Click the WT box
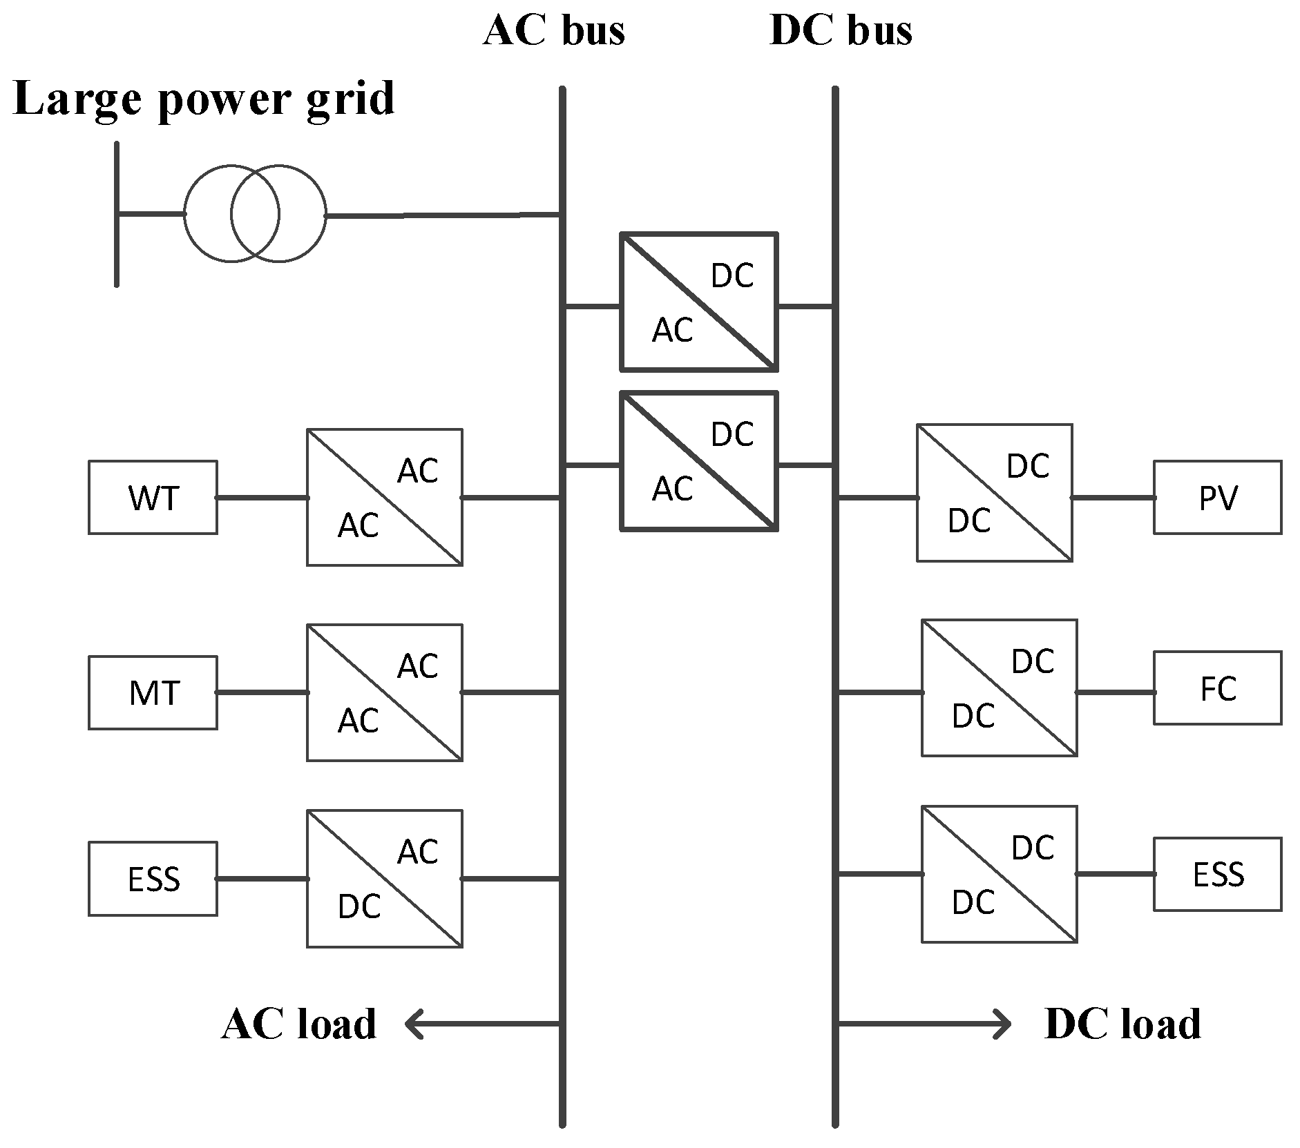(x=153, y=498)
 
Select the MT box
(x=153, y=692)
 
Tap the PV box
(x=1217, y=498)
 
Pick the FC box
(x=1217, y=688)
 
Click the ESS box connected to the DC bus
(x=1217, y=874)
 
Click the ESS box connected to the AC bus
(x=153, y=879)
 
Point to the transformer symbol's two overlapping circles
(x=254, y=214)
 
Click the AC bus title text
(x=554, y=30)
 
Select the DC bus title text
(x=841, y=30)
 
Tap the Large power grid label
(x=204, y=99)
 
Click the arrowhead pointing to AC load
(x=414, y=1024)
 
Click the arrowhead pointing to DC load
(x=1002, y=1024)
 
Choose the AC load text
(x=299, y=1024)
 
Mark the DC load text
(x=1122, y=1024)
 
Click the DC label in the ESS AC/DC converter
(x=359, y=906)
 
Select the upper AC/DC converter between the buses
(x=699, y=302)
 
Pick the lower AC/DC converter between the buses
(x=699, y=461)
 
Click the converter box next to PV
(x=994, y=493)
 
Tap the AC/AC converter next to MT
(x=385, y=692)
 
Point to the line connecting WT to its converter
(x=262, y=498)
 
